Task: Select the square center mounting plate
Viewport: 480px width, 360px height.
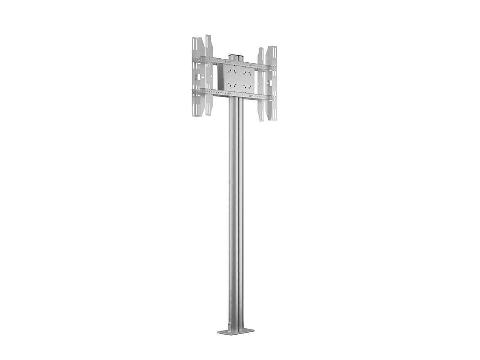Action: tap(239, 78)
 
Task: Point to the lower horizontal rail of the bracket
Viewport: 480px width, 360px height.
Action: tap(233, 93)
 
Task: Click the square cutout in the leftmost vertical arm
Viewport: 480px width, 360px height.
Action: tap(198, 78)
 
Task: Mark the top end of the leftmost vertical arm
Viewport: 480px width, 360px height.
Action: tap(196, 39)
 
